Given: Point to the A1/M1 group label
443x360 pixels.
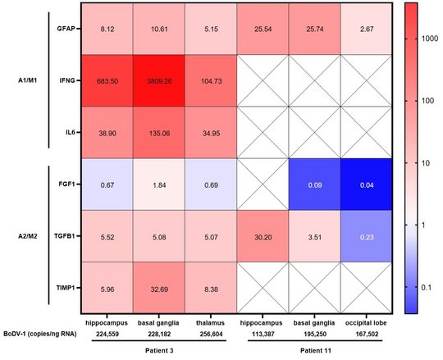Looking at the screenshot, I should pyautogui.click(x=31, y=81).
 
